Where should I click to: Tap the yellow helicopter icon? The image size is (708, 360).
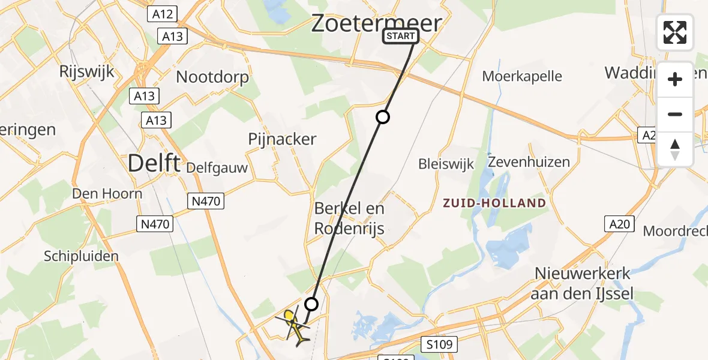294,326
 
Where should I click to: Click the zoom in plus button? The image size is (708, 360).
675,79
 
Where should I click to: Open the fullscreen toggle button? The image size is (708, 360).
675,32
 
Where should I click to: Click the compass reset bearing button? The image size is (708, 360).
675,149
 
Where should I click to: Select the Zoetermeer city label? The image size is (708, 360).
376,23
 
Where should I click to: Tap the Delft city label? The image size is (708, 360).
154,162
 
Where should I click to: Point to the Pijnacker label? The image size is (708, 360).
282,139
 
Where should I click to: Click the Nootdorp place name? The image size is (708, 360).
212,77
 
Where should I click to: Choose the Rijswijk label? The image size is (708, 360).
86,71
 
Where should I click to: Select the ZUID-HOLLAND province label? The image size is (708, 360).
494,203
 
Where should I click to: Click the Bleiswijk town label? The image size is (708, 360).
446,164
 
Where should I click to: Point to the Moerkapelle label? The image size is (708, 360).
522,76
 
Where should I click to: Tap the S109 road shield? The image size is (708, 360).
439,344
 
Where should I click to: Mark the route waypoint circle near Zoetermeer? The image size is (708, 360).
383,117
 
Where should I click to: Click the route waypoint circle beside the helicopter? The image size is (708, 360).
311,304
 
